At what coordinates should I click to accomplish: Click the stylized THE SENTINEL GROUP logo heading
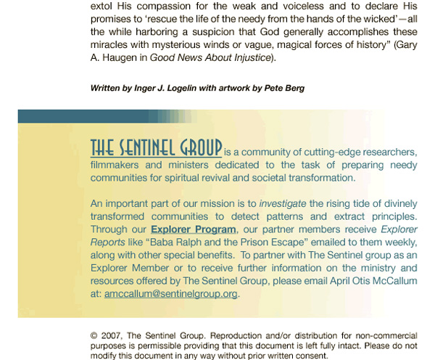click(156, 147)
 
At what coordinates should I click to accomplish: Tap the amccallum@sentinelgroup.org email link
click(171, 294)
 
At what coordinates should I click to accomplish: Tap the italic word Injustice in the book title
click(245, 58)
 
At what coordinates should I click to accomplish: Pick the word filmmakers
click(118, 165)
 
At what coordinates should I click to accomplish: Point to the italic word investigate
click(283, 204)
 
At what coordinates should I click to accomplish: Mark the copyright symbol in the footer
click(94, 336)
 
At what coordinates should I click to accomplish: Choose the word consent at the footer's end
click(310, 356)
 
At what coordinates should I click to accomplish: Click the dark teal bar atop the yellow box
click(101, 116)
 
